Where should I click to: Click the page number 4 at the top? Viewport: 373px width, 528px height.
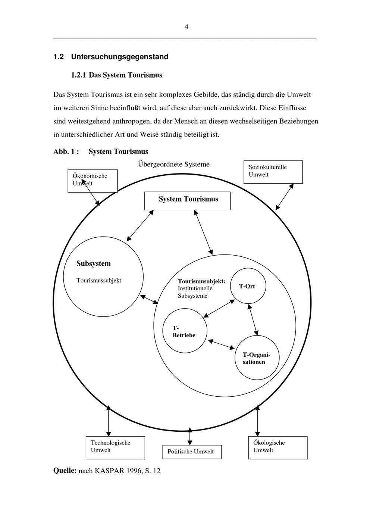(186, 27)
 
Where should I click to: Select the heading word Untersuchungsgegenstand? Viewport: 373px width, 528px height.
(119, 57)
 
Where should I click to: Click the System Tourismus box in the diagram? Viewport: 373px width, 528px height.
(187, 201)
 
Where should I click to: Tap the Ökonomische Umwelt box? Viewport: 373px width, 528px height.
(93, 181)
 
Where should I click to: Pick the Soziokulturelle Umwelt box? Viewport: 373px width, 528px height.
(273, 172)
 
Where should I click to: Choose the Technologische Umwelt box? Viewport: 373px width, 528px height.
(115, 447)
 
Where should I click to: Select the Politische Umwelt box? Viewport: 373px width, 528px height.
(192, 452)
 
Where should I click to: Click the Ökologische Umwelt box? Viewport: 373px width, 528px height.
(278, 447)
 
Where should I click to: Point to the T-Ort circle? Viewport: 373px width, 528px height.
(247, 286)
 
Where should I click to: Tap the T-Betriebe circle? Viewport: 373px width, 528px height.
(185, 331)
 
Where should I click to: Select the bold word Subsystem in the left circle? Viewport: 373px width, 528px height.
(94, 263)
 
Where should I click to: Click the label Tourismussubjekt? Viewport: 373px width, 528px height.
(99, 280)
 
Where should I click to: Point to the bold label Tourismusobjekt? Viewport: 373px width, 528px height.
(201, 281)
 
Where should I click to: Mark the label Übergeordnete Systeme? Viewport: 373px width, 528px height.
(173, 164)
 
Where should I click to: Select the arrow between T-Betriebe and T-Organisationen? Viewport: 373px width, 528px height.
(221, 344)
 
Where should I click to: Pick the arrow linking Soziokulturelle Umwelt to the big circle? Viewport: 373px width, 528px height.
(284, 197)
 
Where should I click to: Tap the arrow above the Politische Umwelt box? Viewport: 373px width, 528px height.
(190, 436)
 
